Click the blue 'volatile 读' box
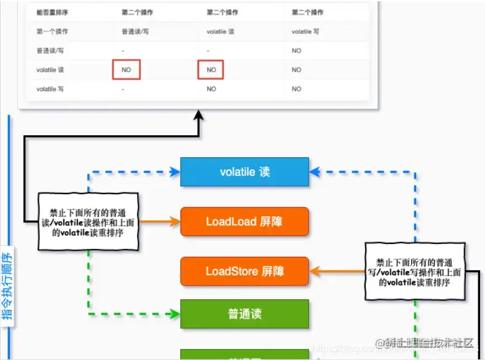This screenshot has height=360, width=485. [245, 172]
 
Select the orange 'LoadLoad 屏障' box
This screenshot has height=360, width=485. [245, 222]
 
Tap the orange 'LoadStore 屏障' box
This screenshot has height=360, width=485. [245, 271]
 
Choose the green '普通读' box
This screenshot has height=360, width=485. [245, 314]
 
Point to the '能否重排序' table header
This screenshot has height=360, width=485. [52, 12]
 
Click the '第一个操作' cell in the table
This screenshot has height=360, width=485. [52, 31]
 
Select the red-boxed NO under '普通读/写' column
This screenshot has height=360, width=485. [126, 70]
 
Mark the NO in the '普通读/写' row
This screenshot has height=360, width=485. [297, 50]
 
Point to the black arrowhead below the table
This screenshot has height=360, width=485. [199, 115]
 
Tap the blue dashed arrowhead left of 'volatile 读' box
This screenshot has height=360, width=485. [174, 172]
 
